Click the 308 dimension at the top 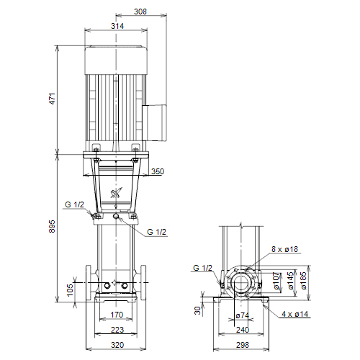(140, 12)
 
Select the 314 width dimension (117, 26)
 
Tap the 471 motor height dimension (52, 99)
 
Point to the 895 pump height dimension (52, 226)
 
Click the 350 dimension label (158, 171)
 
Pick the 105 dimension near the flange (70, 290)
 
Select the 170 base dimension (117, 315)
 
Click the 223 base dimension (117, 330)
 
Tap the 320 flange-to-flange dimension (117, 345)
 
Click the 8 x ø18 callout (284, 249)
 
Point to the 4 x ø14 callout (295, 314)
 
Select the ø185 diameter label (303, 281)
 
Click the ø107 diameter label (276, 281)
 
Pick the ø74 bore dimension (243, 315)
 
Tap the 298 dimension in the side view (243, 345)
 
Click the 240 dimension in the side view (243, 330)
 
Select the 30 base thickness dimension (197, 310)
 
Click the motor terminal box (154, 122)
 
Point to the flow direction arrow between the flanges (116, 283)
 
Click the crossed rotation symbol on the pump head (116, 193)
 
